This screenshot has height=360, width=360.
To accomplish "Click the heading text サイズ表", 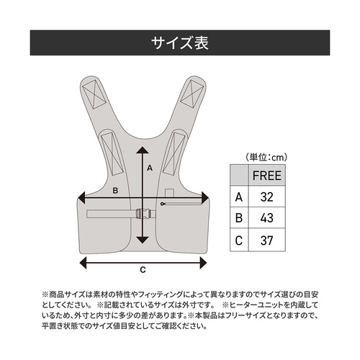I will click(x=179, y=42).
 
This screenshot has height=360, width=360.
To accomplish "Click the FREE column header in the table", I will click(x=266, y=175).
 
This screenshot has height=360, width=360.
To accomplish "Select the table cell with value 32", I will click(x=266, y=196).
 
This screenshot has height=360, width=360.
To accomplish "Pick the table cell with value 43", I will click(x=266, y=217).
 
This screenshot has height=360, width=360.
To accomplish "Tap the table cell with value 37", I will click(x=266, y=238).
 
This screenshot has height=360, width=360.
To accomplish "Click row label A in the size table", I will click(x=239, y=196).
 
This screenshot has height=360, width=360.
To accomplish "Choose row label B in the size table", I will click(x=239, y=217).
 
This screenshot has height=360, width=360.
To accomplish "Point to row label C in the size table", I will click(x=239, y=238).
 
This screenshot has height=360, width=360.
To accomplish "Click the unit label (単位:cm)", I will click(x=264, y=156).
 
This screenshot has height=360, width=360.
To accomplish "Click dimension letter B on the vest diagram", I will click(x=116, y=191).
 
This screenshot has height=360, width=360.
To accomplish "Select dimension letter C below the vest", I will click(x=143, y=270).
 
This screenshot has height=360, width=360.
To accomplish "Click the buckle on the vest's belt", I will click(x=143, y=213).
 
